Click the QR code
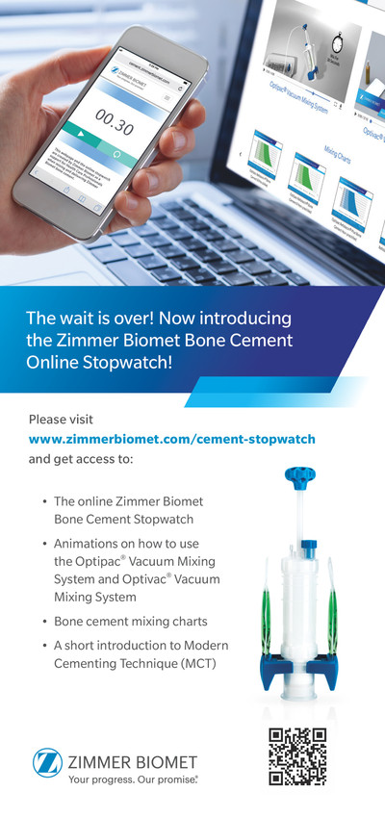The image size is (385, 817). pyautogui.click(x=298, y=757)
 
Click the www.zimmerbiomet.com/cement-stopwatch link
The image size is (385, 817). pyautogui.click(x=172, y=439)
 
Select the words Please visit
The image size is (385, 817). pyautogui.click(x=61, y=420)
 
